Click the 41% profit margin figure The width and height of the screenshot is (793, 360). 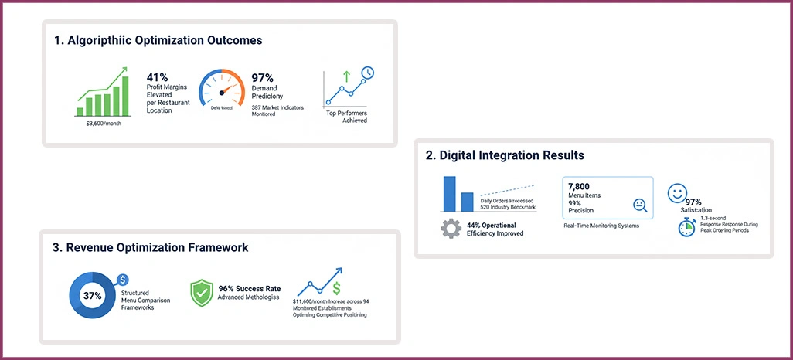coord(158,77)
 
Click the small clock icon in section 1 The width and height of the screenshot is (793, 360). coord(367,73)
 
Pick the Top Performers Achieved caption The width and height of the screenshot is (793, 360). coord(346,117)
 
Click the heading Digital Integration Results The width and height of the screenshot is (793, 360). coord(505,155)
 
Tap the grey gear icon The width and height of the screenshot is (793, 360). coord(451,229)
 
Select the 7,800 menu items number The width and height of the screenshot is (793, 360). coord(579,187)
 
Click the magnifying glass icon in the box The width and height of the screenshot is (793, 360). coord(639,205)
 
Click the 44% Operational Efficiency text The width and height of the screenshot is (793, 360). coord(495,229)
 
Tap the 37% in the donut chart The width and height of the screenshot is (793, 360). coord(93,295)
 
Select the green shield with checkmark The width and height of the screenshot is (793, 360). coord(201,293)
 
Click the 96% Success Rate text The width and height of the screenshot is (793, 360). coord(249,289)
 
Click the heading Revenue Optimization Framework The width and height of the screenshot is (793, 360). coord(151,248)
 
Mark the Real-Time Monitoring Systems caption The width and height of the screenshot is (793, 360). coord(601,226)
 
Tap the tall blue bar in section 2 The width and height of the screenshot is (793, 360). coord(449,194)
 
